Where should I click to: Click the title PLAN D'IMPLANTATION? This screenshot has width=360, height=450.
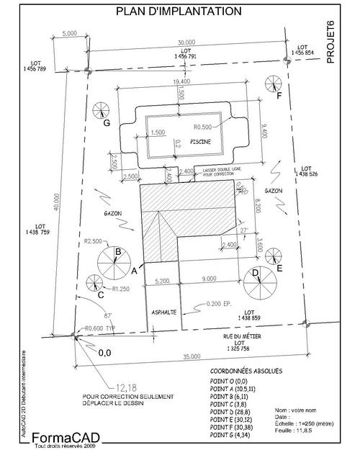(179, 12)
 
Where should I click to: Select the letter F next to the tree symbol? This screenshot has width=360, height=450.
(279, 94)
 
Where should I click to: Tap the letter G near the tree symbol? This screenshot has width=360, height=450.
(106, 123)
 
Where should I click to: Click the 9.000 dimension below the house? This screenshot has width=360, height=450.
(210, 279)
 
